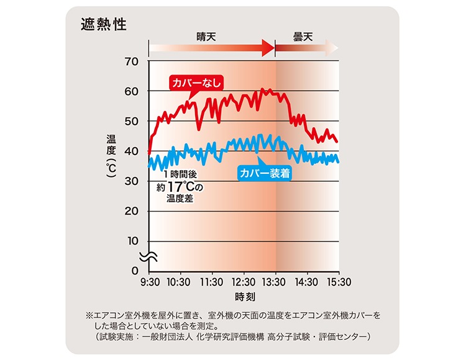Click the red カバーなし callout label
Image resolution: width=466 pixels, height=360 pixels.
click(x=196, y=83)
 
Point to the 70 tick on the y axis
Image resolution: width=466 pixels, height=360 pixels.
click(x=132, y=61)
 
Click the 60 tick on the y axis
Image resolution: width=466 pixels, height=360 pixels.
click(x=132, y=91)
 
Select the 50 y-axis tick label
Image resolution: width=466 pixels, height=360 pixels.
click(x=132, y=121)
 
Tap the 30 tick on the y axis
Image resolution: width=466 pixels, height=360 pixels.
click(x=132, y=181)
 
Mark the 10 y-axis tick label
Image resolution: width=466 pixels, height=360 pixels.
click(x=132, y=241)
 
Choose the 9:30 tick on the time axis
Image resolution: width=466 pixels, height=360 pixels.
click(x=149, y=282)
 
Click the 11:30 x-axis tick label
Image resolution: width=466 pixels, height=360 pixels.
click(x=212, y=282)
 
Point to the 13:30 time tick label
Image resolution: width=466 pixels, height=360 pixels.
click(x=275, y=282)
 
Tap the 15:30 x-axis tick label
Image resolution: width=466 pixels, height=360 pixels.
click(x=339, y=282)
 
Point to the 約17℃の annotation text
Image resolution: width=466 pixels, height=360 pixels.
click(x=180, y=187)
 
